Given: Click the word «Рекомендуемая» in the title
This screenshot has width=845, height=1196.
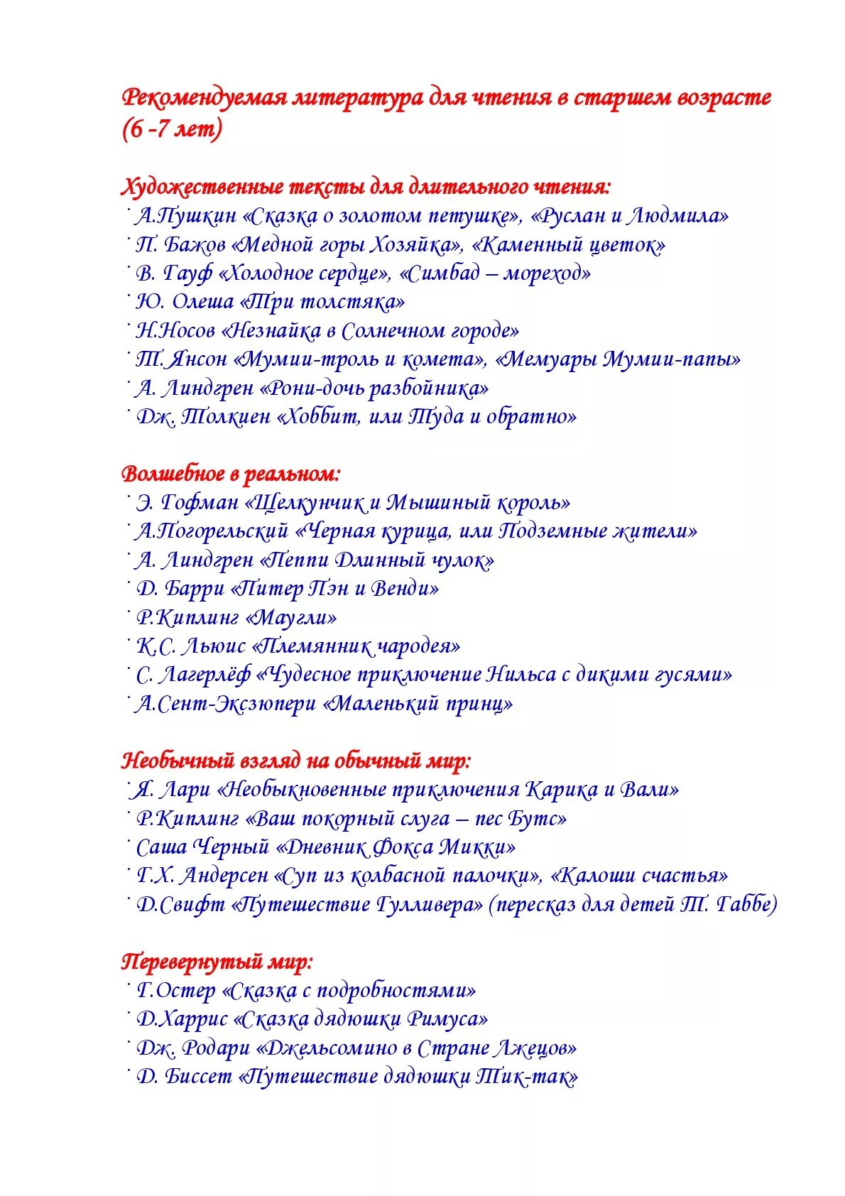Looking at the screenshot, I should (204, 98).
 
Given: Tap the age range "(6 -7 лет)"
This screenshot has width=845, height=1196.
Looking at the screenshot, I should (173, 129).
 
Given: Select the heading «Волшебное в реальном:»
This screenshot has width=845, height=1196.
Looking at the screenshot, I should (231, 474).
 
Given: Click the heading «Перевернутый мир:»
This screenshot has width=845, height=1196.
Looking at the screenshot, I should (217, 962).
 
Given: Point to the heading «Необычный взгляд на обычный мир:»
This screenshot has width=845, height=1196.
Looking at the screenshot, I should (297, 761).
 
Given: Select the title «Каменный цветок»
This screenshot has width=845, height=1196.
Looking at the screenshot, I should (568, 245).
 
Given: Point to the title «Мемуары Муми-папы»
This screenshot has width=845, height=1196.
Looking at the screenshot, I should (618, 359).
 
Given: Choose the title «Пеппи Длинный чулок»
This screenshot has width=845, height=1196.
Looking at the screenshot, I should (377, 560).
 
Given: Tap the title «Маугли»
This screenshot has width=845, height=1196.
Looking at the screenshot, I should (290, 618).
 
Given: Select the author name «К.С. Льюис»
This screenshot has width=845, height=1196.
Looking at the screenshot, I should (191, 646).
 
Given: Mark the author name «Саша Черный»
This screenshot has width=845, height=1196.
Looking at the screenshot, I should (202, 847).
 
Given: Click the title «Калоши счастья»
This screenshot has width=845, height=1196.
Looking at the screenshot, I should (640, 876).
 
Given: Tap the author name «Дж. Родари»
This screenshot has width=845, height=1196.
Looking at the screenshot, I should (193, 1048).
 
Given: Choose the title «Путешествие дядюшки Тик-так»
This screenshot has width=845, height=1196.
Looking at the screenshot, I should (408, 1077).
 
